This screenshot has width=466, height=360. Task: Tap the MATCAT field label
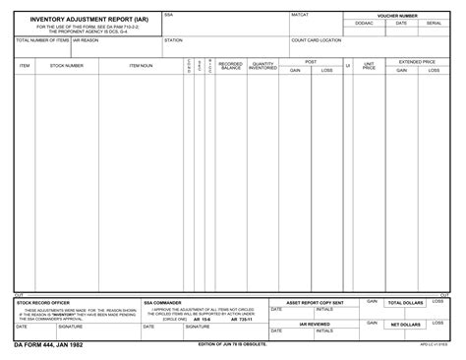tap(300, 16)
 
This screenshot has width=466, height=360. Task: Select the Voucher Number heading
tap(397, 16)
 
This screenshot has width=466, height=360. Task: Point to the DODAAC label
tap(365, 23)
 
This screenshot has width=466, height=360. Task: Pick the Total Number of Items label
tap(42, 40)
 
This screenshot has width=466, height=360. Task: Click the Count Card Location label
tap(317, 40)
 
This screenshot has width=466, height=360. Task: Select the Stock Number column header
tap(67, 66)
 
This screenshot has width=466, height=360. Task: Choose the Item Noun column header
tap(141, 66)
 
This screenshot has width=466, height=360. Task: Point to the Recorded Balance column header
tap(231, 66)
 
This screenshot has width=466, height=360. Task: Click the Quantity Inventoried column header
tap(262, 66)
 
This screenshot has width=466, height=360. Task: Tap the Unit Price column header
tap(370, 66)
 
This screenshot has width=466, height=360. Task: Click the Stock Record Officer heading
tap(43, 302)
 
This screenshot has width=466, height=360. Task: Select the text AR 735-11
tap(241, 319)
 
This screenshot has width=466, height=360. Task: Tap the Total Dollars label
tap(406, 303)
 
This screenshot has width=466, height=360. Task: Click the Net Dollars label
tap(406, 325)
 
